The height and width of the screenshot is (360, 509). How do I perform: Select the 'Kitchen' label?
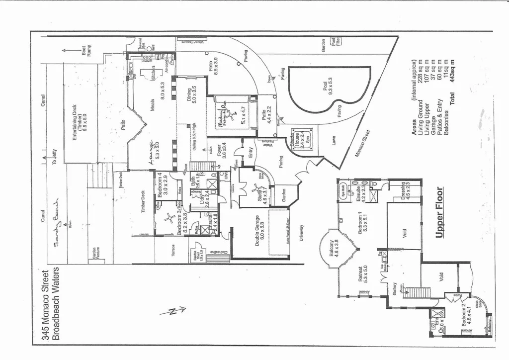click(154, 73)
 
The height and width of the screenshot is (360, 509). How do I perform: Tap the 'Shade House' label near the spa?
click(293, 141)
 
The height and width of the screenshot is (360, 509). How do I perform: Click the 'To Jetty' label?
click(55, 157)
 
